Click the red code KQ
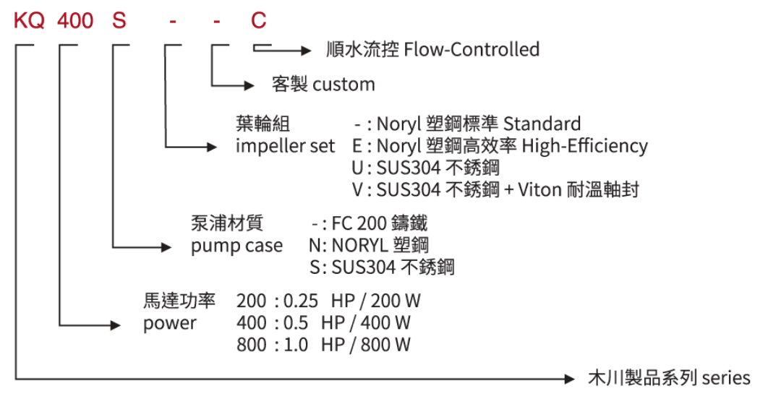coord(30,20)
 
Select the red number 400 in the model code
coord(75,20)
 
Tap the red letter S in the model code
coord(119,20)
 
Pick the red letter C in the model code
coord(258,20)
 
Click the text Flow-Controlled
coord(472,50)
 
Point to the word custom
coord(344,85)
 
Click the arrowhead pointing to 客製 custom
coord(249,85)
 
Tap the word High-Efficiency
coord(585,146)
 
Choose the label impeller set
coord(285,146)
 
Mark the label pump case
coord(236,246)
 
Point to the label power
coord(169,322)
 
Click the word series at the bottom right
coord(726,377)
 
